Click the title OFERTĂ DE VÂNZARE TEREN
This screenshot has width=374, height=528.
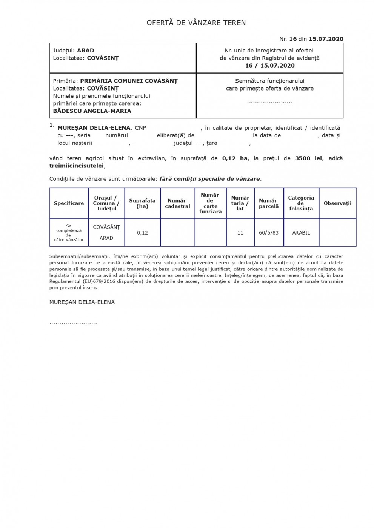[196, 23]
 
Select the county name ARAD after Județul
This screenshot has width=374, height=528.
[86, 51]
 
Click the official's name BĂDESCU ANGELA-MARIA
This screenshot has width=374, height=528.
[92, 111]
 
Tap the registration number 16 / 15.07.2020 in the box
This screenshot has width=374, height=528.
[270, 66]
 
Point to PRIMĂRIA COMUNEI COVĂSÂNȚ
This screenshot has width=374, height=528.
[129, 81]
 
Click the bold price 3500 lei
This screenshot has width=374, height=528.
[308, 158]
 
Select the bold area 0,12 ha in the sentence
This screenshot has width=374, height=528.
[235, 158]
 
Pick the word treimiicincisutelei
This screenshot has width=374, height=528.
[77, 166]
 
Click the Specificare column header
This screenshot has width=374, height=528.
[69, 203]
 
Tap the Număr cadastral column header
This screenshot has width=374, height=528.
[177, 203]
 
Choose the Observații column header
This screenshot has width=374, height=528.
[337, 203]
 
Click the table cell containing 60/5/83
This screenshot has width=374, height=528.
[269, 233]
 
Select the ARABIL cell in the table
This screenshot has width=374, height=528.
[301, 233]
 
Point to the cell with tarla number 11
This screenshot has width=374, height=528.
[240, 233]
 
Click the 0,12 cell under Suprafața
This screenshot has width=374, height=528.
[142, 233]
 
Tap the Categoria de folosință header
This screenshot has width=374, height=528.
[301, 203]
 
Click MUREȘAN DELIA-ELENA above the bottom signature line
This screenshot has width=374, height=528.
[82, 302]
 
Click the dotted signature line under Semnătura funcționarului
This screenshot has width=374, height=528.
[270, 102]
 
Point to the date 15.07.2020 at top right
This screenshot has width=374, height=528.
[326, 39]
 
